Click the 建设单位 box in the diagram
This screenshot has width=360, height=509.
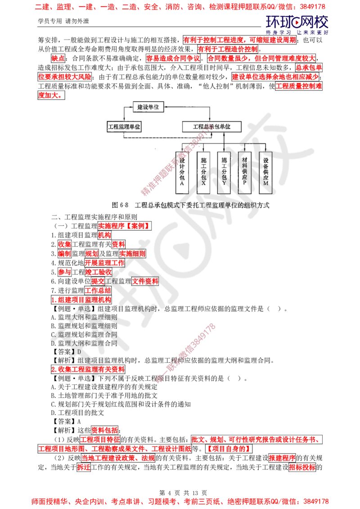pos(148,107)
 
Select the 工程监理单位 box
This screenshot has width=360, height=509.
pos(124,127)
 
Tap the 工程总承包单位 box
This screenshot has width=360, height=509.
pos(211,127)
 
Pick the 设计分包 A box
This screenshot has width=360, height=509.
pos(182,172)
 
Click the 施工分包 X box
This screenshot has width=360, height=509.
pos(203,172)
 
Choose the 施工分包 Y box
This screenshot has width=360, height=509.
pos(224,172)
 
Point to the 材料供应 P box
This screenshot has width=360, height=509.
pos(244,172)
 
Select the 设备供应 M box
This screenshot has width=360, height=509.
pos(265,172)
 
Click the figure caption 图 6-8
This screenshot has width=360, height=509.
pos(191,205)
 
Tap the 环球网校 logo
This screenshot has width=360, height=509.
pos(297,25)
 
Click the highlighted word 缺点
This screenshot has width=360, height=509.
pos(58,58)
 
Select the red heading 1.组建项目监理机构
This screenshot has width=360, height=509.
pos(81,299)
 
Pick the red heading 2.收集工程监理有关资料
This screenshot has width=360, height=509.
pos(88,370)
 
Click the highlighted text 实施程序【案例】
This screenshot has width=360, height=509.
pos(125,226)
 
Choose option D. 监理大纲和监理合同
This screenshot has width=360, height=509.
pos(84,343)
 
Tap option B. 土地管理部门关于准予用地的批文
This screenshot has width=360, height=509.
pos(104,396)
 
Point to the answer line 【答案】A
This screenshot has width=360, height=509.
pos(66,421)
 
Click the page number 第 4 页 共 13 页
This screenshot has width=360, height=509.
pos(183,493)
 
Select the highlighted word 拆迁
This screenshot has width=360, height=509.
pos(84,467)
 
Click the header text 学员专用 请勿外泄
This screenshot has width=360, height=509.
pos(63,21)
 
